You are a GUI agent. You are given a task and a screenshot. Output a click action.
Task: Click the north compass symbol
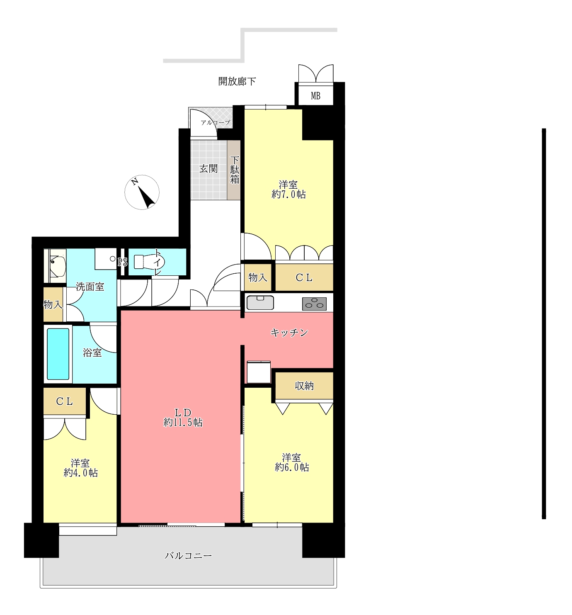(x=142, y=192)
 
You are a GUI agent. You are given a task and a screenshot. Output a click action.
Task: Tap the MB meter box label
(x=315, y=96)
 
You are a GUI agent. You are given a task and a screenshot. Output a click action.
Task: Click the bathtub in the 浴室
(x=58, y=354)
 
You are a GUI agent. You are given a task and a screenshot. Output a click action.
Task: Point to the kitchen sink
(x=260, y=303)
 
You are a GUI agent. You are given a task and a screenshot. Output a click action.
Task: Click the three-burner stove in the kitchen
(x=314, y=304)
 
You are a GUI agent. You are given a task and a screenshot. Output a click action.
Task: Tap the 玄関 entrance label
(x=208, y=169)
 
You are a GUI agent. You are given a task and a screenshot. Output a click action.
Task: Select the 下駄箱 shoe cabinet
(x=234, y=170)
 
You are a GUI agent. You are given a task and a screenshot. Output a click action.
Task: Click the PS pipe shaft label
(x=123, y=262)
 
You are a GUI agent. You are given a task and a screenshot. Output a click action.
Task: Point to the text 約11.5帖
(x=183, y=423)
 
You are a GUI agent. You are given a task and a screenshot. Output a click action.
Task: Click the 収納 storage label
(x=304, y=386)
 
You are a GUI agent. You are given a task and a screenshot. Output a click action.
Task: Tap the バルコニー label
(x=188, y=556)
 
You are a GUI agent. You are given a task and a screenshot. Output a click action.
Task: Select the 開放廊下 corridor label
(x=237, y=81)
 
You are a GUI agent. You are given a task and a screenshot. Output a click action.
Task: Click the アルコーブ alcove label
(x=216, y=123)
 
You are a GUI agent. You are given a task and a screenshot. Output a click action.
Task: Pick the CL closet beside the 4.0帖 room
(x=65, y=401)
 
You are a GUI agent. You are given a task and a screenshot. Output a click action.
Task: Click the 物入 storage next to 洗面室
(x=53, y=305)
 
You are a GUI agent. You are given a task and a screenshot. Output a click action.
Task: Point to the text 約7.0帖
(x=289, y=194)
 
